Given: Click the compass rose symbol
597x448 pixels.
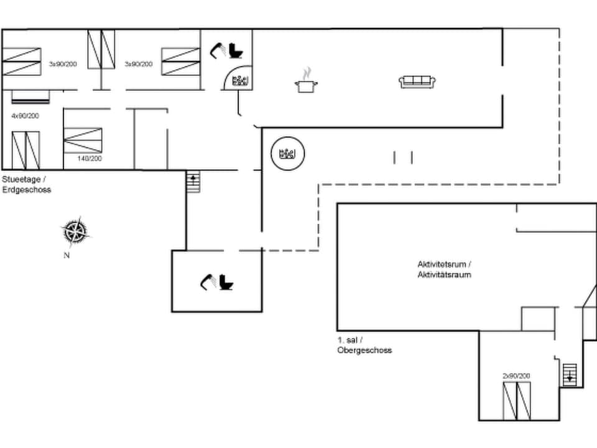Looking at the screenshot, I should coord(75,231).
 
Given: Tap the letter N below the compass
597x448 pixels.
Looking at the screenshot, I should coord(66,255).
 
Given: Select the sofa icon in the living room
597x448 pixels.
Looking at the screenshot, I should coord(417,82).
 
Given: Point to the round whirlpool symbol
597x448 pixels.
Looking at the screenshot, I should coord(289,153).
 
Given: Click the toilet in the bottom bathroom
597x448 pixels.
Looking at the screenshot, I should coord(226,283).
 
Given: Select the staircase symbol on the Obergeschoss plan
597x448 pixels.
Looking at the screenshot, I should coord(570,375).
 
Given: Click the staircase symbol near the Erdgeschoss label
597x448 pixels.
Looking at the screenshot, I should coord(193,182).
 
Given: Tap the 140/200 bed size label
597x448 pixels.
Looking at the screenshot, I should coord(90,159).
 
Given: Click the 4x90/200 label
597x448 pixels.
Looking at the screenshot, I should coord(25,116).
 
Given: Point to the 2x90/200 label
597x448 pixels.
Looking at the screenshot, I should coord(516,376).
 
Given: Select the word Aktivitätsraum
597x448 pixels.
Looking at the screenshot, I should coord(444,274).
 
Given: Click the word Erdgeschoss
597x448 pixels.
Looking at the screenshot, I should coord(26,190).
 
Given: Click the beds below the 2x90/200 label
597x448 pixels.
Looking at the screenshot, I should coord(517,401).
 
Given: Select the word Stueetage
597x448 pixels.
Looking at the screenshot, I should coord(21,179).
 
